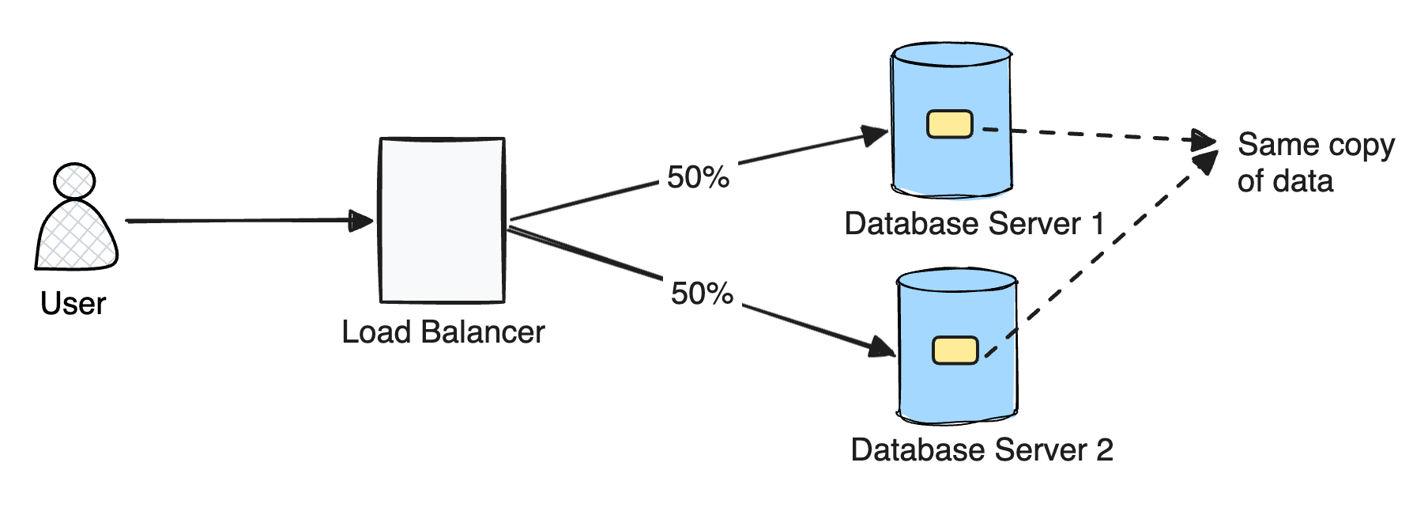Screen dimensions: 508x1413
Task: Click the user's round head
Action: point(74,181)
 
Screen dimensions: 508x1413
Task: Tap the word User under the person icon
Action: point(73,304)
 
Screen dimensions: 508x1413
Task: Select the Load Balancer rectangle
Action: point(442,220)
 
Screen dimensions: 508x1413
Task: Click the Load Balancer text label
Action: point(443,332)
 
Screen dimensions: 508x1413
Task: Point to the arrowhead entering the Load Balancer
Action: point(363,221)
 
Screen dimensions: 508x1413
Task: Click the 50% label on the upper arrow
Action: point(698,177)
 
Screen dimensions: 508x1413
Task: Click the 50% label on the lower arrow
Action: point(702,294)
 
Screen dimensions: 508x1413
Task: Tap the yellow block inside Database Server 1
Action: point(949,124)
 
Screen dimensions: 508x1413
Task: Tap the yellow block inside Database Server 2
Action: point(955,351)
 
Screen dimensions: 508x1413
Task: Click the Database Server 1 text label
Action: point(974,224)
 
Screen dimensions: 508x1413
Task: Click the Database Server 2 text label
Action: point(982,450)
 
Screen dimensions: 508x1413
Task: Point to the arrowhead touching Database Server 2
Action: point(882,347)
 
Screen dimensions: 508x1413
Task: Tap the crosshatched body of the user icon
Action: point(77,237)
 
